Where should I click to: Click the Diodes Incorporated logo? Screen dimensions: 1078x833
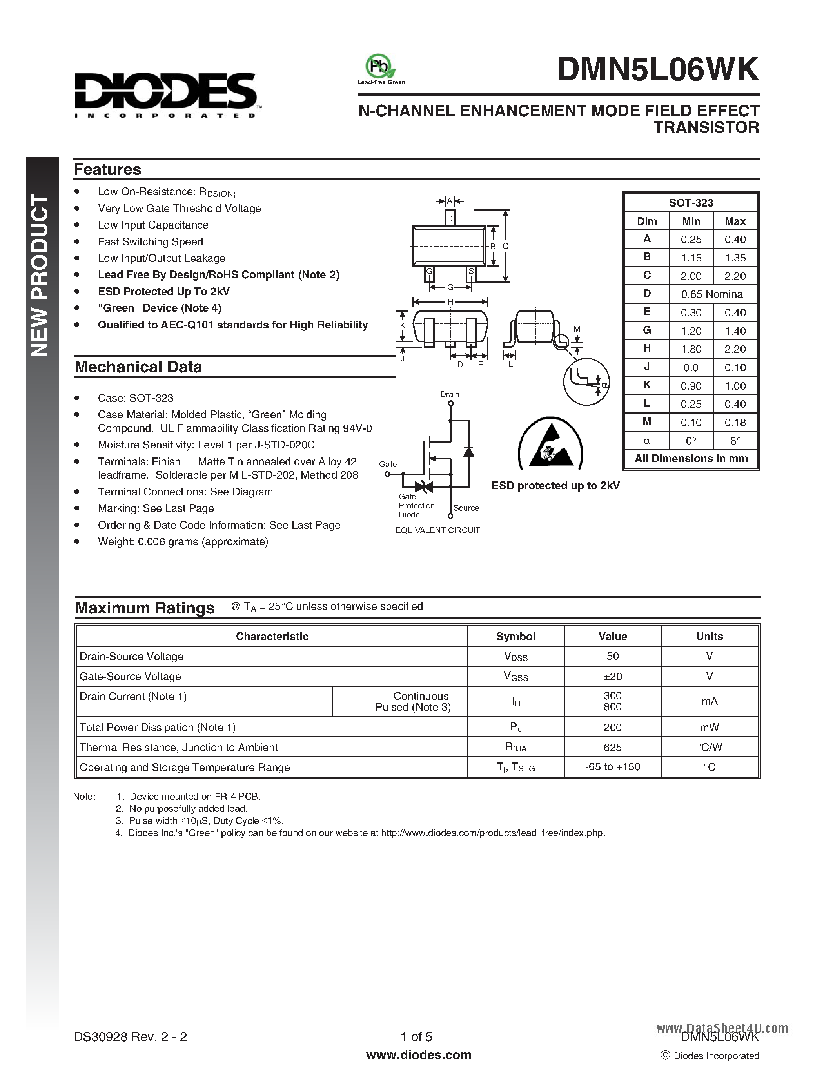[x=165, y=94]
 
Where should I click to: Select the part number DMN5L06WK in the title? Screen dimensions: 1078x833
[x=657, y=70]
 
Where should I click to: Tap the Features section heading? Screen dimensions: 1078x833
[x=107, y=169]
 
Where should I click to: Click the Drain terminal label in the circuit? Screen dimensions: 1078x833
[x=450, y=394]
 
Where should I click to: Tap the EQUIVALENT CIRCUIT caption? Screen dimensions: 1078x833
[x=438, y=530]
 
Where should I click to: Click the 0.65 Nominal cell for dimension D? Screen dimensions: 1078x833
[x=713, y=294]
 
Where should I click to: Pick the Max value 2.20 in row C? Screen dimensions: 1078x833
[x=735, y=276]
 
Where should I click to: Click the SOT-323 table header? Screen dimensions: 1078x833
[x=691, y=202]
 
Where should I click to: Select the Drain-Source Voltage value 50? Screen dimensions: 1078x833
[x=612, y=656]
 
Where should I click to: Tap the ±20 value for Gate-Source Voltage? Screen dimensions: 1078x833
[x=612, y=676]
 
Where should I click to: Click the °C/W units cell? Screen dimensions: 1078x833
[x=709, y=747]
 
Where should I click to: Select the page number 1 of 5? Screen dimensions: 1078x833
[x=416, y=1036]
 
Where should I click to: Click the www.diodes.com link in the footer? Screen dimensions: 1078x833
[x=419, y=1055]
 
